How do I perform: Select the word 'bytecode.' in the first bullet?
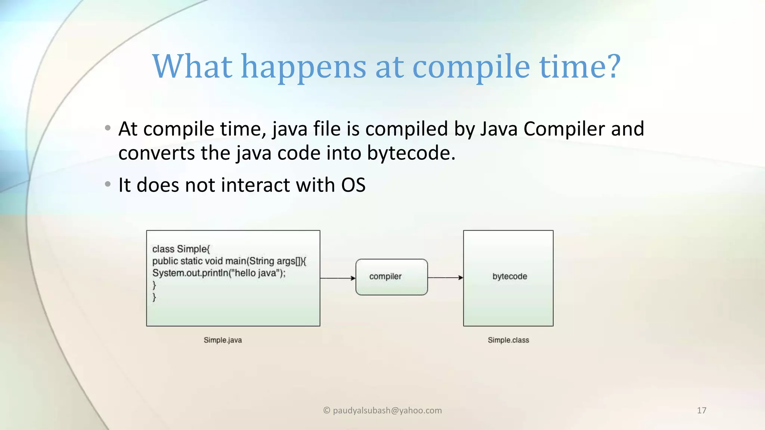coord(411,153)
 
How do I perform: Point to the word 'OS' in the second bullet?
coord(353,185)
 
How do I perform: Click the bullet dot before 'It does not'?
coord(108,184)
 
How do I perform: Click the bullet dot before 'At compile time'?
coord(108,128)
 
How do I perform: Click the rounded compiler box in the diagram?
coord(391,277)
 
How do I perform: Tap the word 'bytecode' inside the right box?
coord(510,277)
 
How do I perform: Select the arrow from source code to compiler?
coord(338,278)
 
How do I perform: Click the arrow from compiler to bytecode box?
coord(445,278)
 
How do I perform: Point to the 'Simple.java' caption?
coord(223,340)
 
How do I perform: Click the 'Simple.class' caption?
coord(508,340)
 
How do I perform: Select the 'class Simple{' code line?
coord(181,249)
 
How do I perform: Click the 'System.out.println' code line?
coord(219,273)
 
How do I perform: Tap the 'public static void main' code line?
coord(229,261)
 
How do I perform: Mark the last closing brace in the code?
coord(154,297)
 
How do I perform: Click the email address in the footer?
coord(382,411)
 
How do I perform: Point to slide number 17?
coord(701,411)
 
